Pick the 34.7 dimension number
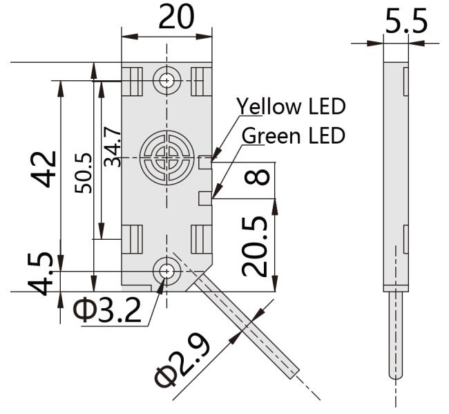(x=112, y=145)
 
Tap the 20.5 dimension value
(x=258, y=245)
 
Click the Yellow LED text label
(x=291, y=106)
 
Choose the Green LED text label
(x=293, y=135)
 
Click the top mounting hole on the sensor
(x=166, y=81)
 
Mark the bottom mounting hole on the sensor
(x=166, y=271)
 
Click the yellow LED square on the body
(x=204, y=163)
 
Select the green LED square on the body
(x=204, y=198)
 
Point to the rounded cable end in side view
(x=396, y=374)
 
